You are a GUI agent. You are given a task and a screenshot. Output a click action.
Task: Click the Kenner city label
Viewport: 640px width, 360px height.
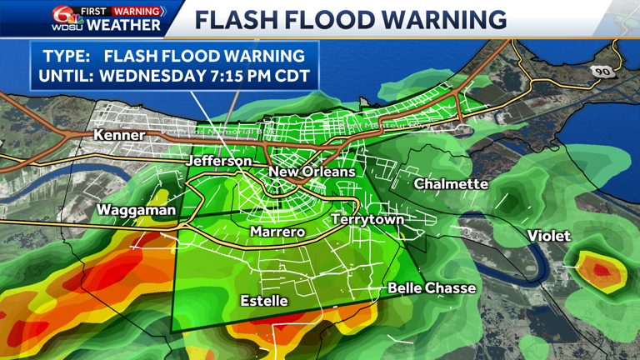(x=119, y=134)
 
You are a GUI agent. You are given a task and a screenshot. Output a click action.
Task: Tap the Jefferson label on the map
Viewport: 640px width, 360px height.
(x=220, y=160)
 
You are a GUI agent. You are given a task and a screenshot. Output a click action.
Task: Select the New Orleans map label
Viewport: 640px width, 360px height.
(x=311, y=172)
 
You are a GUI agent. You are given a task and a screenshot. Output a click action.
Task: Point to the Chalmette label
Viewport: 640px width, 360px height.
(x=450, y=183)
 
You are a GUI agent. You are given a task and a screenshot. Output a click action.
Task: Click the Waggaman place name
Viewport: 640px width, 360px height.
(x=137, y=210)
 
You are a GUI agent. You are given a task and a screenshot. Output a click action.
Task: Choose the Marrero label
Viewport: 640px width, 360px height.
(x=278, y=232)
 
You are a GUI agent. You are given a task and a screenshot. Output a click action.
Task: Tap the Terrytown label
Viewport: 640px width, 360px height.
(x=367, y=219)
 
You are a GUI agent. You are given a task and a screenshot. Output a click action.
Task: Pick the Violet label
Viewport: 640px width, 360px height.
(x=549, y=237)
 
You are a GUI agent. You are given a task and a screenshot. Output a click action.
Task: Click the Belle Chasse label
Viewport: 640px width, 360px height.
(x=432, y=288)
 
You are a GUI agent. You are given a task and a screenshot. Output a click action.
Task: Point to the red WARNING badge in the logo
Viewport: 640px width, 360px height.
(x=138, y=11)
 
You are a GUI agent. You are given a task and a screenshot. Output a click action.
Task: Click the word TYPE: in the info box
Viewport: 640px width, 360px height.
(x=63, y=56)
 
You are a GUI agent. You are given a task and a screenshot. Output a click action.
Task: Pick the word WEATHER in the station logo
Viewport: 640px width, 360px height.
(x=124, y=25)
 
